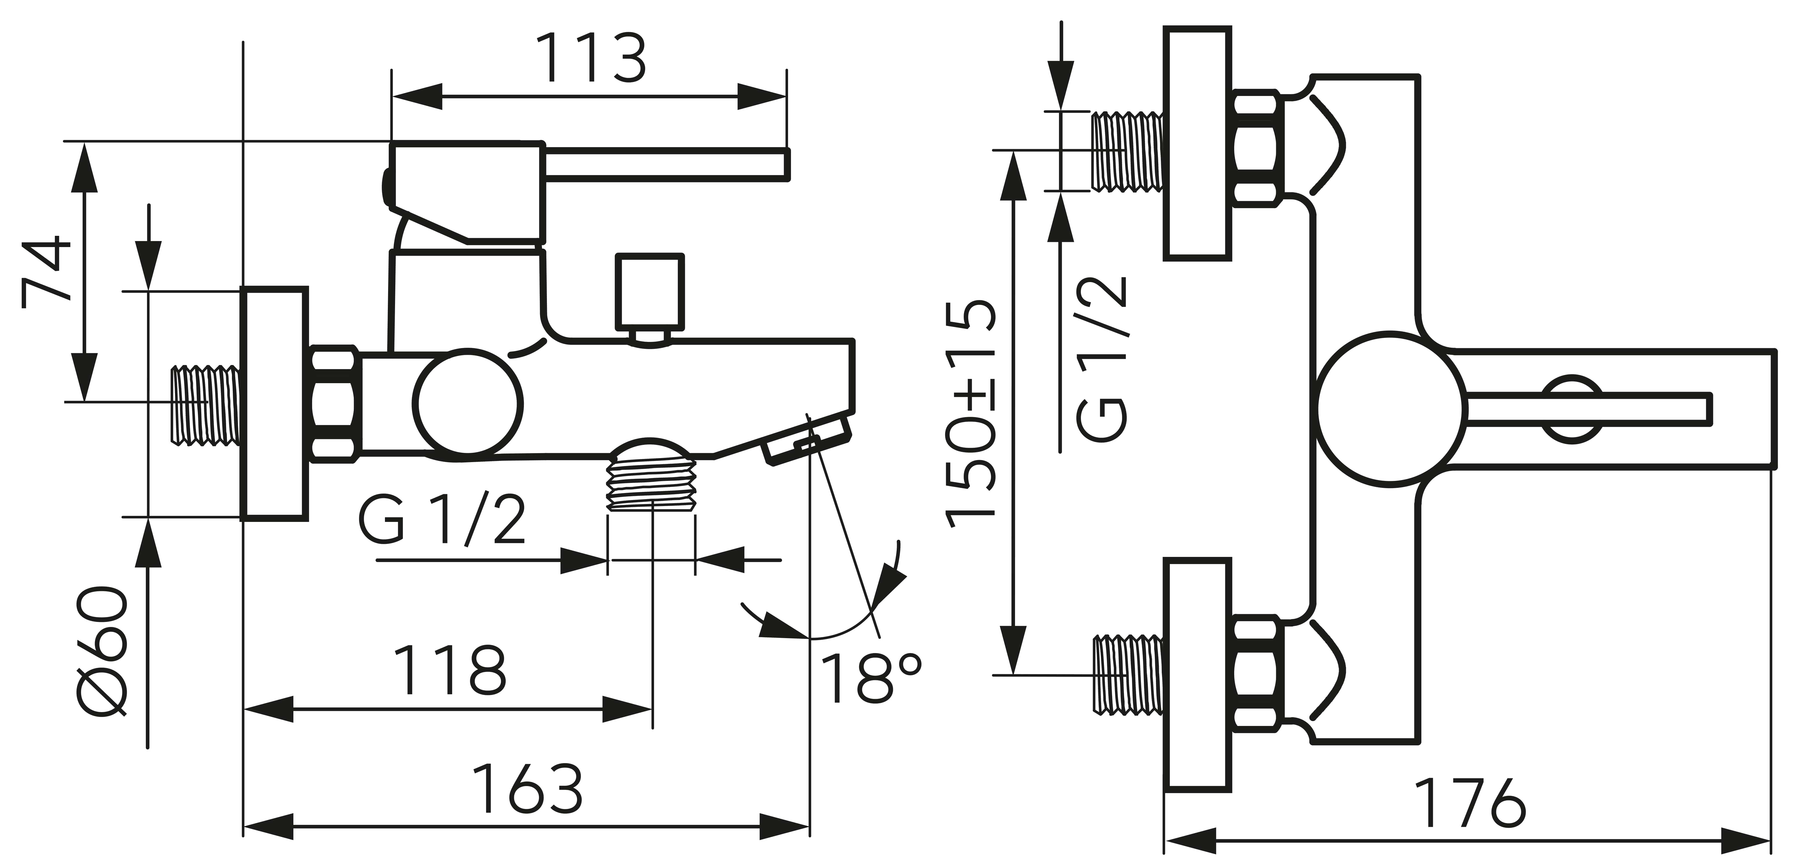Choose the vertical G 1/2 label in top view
tap(1102, 359)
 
